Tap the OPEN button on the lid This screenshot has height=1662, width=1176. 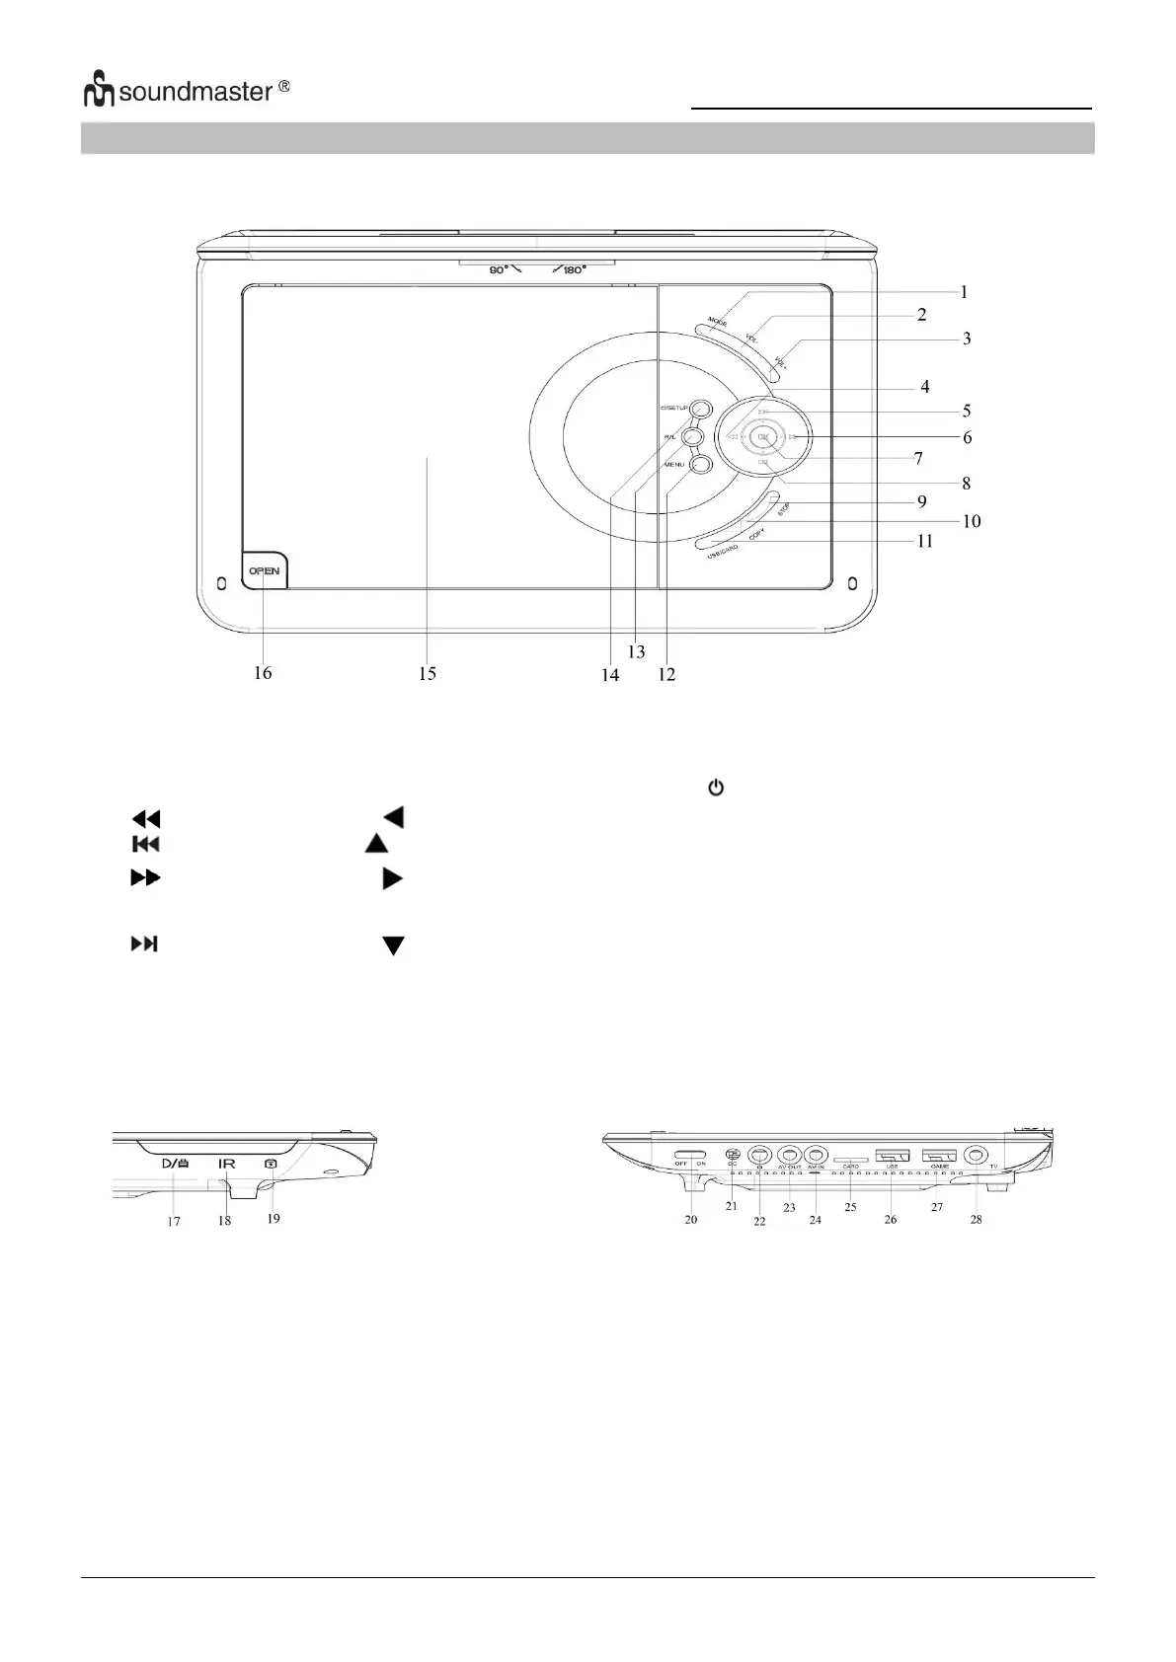click(264, 570)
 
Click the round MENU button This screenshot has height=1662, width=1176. click(700, 464)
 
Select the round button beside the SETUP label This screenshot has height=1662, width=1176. click(700, 408)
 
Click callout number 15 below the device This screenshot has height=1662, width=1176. click(427, 674)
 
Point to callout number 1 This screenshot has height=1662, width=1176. click(964, 292)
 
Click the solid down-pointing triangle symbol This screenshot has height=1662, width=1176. click(393, 946)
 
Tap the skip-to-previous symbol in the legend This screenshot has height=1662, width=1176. click(146, 844)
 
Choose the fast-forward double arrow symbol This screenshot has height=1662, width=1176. click(145, 877)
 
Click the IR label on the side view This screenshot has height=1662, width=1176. click(227, 1165)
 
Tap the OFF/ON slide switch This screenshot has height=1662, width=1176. click(691, 1155)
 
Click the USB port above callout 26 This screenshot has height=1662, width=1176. click(892, 1156)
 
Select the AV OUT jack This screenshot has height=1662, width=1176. click(788, 1154)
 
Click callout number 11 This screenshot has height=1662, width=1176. click(924, 542)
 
